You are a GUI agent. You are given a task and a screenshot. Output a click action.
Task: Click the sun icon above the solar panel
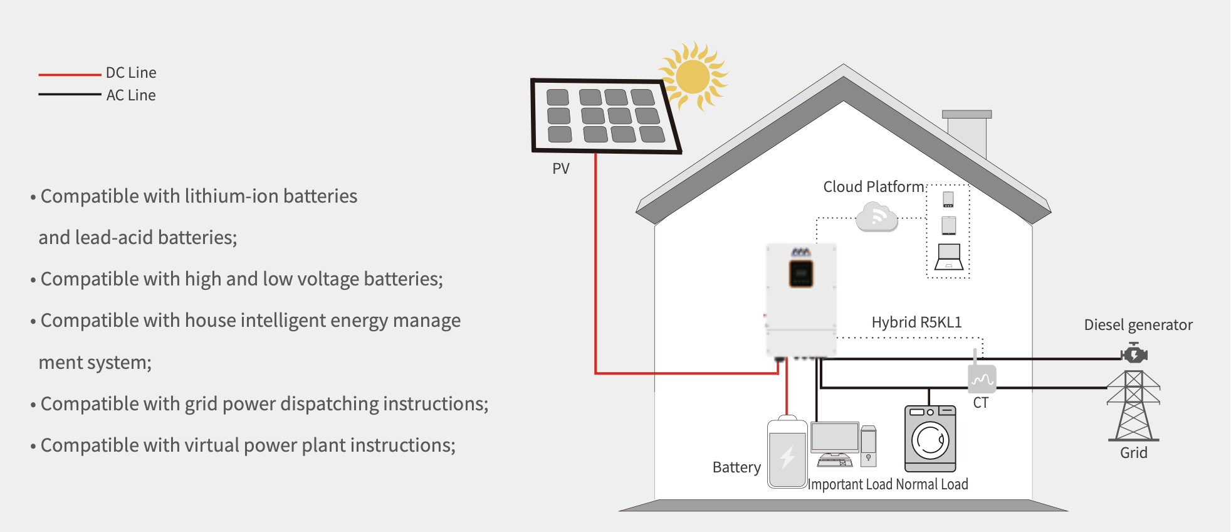[x=693, y=77]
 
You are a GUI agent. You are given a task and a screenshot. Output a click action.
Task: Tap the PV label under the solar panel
[x=561, y=169]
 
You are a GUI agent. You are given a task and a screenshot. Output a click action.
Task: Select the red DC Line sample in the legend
[x=70, y=75]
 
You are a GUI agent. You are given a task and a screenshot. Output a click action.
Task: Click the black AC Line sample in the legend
[x=70, y=95]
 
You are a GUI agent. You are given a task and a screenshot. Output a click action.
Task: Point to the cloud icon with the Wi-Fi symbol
[x=877, y=217]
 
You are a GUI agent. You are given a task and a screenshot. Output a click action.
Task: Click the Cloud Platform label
[x=873, y=187]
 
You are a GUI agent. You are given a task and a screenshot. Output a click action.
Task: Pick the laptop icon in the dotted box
[x=948, y=257]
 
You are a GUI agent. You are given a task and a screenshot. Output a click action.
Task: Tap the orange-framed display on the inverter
[x=801, y=274]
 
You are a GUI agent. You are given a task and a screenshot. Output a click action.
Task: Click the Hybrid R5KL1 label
[x=916, y=322]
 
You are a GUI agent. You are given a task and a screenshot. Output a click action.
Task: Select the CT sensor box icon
[x=982, y=378]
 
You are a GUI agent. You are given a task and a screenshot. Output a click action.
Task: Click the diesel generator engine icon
[x=1134, y=354]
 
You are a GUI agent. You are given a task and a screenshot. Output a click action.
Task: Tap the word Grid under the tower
[x=1134, y=453]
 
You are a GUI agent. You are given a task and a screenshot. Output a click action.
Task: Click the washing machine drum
[x=930, y=440]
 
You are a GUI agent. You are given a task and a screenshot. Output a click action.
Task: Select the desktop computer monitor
[x=835, y=437]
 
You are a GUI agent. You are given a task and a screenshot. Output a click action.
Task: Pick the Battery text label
[x=736, y=467]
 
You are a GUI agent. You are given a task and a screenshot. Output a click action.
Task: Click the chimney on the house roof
[x=967, y=133]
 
